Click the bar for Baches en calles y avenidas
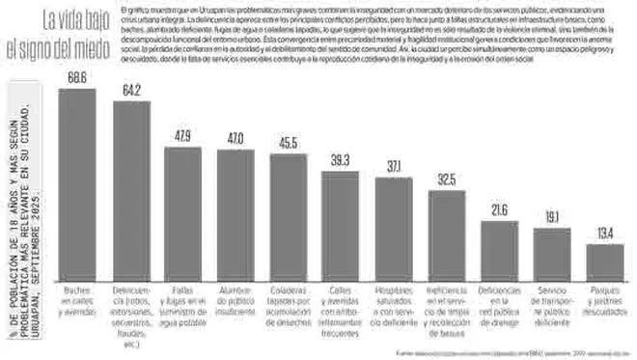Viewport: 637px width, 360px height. point(77,183)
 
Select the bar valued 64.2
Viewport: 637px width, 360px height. point(130,189)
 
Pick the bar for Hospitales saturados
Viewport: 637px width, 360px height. point(393,228)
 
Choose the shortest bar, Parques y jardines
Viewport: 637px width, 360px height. point(604,262)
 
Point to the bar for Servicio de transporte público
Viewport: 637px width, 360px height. point(552,253)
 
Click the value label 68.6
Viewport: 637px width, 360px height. point(77,76)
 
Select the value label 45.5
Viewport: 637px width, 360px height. point(287,142)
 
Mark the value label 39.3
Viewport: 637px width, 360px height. point(340,159)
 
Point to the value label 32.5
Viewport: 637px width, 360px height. point(446,179)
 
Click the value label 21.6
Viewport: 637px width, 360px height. point(499,209)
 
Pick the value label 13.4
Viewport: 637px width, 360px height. point(604,233)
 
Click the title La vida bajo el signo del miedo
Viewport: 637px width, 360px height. point(60,31)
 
